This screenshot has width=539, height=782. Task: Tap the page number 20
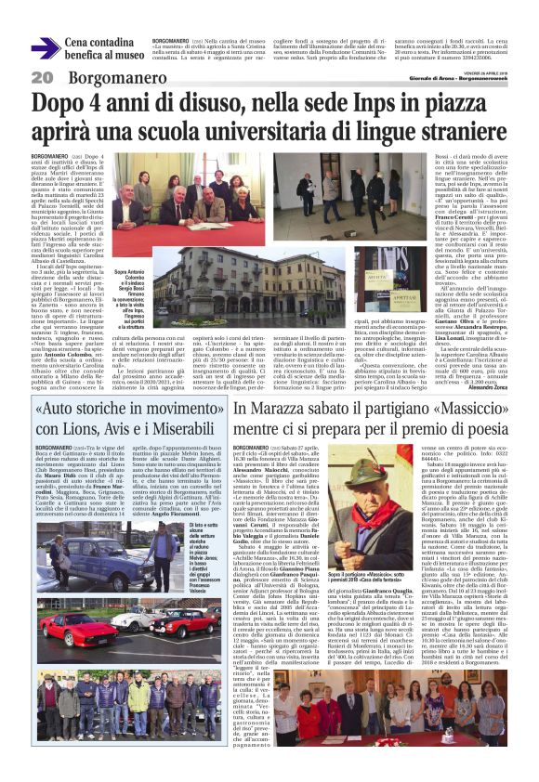point(41,76)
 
